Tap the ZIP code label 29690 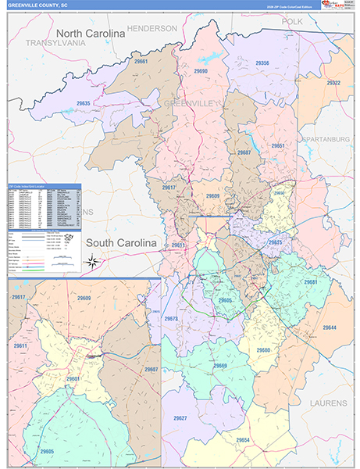tap(201, 71)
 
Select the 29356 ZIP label tap(262, 63)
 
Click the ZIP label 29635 tap(83, 103)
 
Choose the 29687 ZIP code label tap(244, 152)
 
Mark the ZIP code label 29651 tap(278, 145)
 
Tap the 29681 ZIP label tap(312, 282)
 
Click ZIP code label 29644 tap(329, 327)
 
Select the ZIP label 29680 tap(263, 349)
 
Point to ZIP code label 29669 tap(220, 365)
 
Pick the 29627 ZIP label tap(180, 418)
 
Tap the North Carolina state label tap(90, 34)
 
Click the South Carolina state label tap(122, 243)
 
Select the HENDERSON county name tap(151, 28)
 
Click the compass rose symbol tap(92, 261)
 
